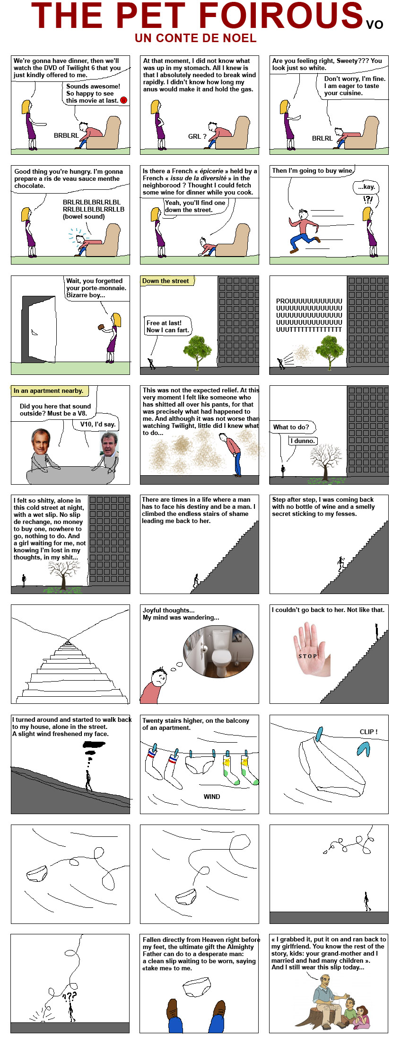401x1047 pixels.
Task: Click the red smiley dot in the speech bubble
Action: (x=124, y=100)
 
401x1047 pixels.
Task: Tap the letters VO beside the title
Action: (x=375, y=24)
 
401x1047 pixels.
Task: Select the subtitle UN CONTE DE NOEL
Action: (x=196, y=38)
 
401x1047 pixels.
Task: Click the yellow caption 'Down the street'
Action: (x=166, y=281)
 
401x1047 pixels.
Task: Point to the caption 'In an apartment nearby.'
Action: (x=48, y=390)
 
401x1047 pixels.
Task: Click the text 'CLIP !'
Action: (x=369, y=731)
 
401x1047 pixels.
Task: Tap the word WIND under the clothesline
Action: (x=212, y=797)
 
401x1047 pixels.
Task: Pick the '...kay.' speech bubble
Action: (x=366, y=187)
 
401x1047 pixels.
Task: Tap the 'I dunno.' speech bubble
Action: (x=303, y=441)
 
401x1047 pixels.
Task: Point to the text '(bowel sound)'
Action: (x=84, y=216)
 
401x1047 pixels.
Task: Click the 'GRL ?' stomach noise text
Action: (x=197, y=136)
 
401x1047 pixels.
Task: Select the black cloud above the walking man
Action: (x=95, y=745)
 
